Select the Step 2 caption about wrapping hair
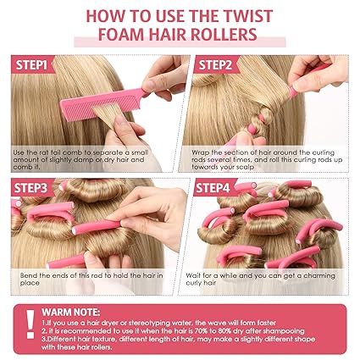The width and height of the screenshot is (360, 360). pos(268,158)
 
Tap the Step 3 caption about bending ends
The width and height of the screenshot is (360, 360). pos(85,280)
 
